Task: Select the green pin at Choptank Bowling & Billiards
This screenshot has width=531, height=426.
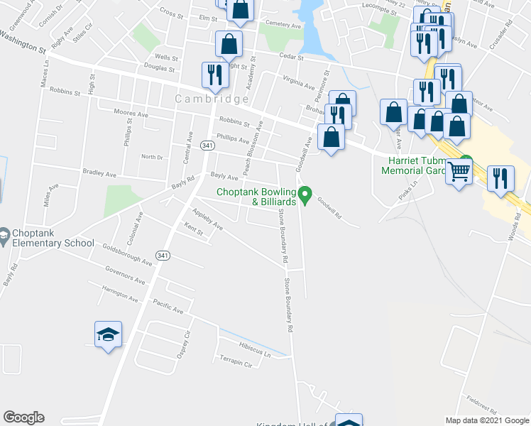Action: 306,192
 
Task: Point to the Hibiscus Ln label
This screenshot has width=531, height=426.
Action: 255,351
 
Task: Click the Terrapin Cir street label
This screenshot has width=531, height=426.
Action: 236,361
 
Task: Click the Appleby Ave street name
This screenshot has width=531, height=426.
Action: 208,219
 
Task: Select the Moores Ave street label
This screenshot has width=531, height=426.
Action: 131,114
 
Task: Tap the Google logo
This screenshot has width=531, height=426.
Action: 23,417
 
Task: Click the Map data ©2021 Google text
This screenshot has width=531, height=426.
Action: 487,420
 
